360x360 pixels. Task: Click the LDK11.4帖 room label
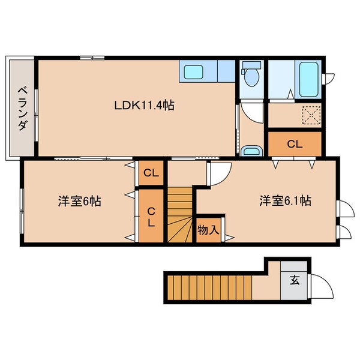(x=145, y=106)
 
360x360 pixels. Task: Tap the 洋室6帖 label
(x=79, y=201)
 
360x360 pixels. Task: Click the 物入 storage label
(x=208, y=230)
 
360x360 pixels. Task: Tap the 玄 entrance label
(x=295, y=279)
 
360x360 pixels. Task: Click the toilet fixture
(x=253, y=76)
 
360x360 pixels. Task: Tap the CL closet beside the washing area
(x=294, y=143)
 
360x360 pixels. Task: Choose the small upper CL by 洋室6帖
(x=151, y=174)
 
